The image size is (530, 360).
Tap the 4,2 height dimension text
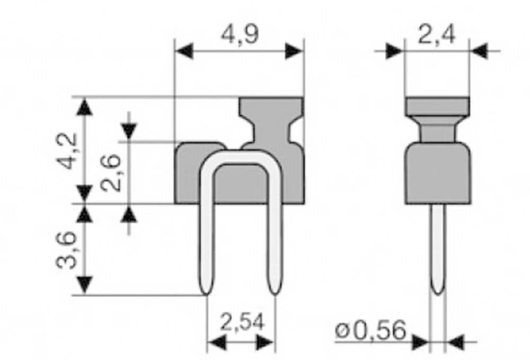click(x=68, y=151)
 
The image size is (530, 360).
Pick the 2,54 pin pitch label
click(x=241, y=322)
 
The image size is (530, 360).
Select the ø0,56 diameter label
click(x=370, y=331)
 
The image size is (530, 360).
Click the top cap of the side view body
click(x=437, y=106)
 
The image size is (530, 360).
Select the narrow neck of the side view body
click(x=437, y=130)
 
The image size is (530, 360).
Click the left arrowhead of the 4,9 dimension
click(x=183, y=51)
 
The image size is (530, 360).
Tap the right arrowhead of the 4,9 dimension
click(x=294, y=51)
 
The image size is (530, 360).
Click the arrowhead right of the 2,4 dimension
click(x=479, y=51)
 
